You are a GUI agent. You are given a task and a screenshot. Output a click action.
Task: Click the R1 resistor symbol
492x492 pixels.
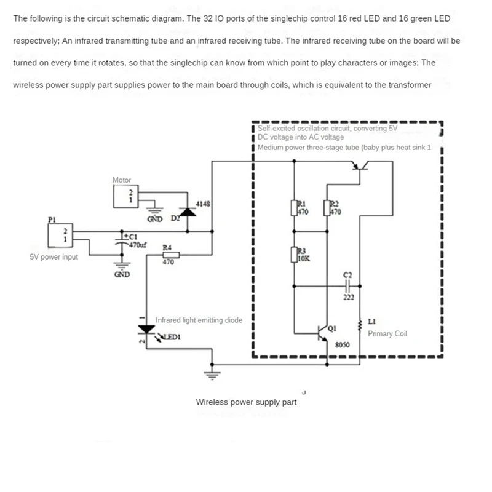pyautogui.click(x=294, y=208)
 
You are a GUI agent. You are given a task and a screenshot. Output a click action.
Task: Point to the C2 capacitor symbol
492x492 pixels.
pyautogui.click(x=347, y=286)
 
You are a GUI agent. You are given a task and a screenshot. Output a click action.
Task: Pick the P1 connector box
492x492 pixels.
pyautogui.click(x=59, y=234)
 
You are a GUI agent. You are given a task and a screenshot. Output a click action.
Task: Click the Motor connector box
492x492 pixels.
pyautogui.click(x=125, y=196)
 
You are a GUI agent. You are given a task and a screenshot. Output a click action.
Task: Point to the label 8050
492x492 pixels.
pyautogui.click(x=343, y=345)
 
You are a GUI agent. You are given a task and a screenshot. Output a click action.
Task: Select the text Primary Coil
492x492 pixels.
pyautogui.click(x=387, y=334)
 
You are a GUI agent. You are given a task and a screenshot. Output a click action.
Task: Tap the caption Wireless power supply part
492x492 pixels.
pyautogui.click(x=246, y=402)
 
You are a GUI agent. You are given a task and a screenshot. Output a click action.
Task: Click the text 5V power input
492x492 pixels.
pyautogui.click(x=54, y=256)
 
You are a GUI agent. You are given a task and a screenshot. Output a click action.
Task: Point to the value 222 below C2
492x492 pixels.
pyautogui.click(x=348, y=298)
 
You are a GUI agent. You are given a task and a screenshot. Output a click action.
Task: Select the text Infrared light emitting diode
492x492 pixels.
pyautogui.click(x=199, y=320)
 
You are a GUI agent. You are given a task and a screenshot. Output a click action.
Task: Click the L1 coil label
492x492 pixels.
pyautogui.click(x=371, y=322)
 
